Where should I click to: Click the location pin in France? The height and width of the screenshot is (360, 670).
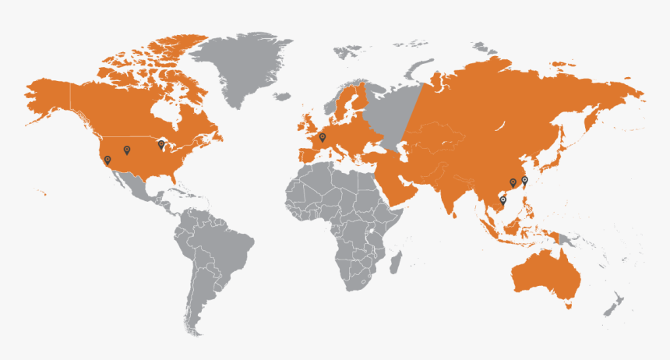coord(322,138)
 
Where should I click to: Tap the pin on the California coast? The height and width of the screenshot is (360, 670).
coord(108,160)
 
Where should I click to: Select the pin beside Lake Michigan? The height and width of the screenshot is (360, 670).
coord(161,144)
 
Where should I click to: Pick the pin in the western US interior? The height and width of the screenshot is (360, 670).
coord(126,150)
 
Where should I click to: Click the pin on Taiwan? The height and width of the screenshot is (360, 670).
coord(524,180)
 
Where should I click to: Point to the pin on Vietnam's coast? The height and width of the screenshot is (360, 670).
coord(503,201)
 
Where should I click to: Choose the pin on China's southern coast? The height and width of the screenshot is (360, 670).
coord(513,183)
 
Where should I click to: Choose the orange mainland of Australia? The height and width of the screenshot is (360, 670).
coord(545,273)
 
